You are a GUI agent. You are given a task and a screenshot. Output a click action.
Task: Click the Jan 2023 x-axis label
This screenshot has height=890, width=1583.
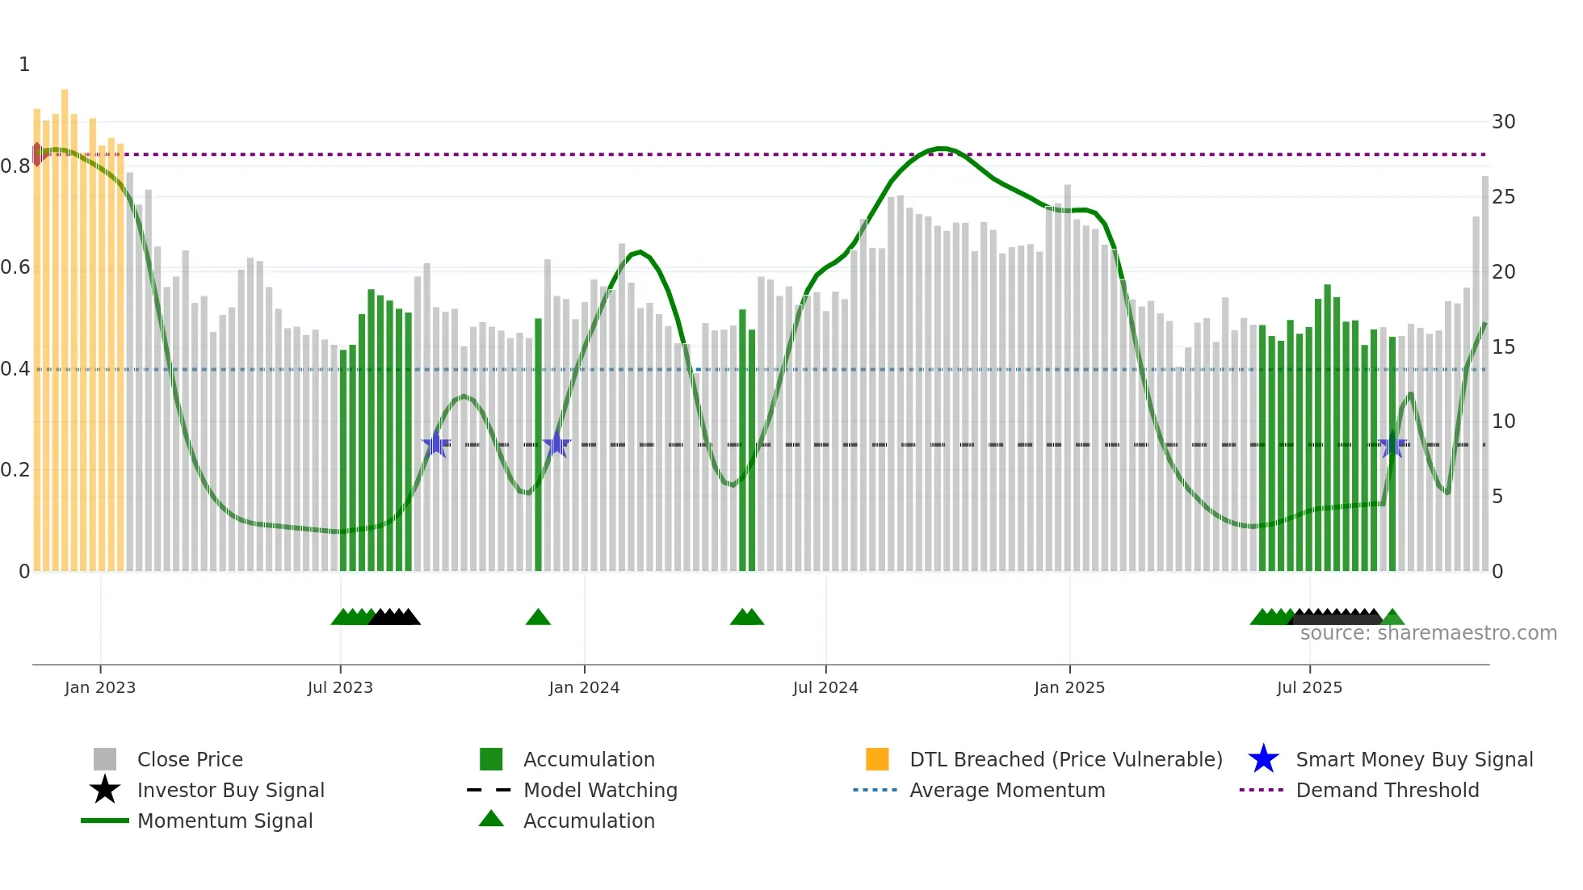[100, 687]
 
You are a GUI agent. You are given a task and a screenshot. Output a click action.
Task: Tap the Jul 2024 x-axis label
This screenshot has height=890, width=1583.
[825, 687]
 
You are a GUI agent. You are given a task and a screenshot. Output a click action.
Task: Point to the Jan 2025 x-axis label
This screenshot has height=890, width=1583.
[1069, 687]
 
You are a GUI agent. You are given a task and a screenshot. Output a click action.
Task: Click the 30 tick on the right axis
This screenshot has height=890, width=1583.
[1503, 122]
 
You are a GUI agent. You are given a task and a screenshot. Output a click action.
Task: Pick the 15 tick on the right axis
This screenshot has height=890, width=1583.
[1503, 346]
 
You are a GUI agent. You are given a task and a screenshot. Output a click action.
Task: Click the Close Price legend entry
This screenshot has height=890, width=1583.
[190, 759]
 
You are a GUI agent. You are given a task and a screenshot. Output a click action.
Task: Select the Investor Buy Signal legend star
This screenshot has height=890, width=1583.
[105, 790]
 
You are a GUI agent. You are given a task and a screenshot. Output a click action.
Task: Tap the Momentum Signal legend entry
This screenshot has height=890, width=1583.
[225, 821]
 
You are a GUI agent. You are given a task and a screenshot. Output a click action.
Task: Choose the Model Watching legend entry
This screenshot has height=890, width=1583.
[600, 790]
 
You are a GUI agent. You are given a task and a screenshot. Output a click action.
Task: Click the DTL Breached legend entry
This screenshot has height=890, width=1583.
[1065, 759]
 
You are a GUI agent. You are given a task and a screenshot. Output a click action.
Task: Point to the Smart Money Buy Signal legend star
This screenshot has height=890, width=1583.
[1263, 759]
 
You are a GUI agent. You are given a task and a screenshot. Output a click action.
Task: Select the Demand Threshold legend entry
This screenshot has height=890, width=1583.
[1387, 790]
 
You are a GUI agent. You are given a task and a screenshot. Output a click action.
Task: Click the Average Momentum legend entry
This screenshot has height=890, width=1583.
[1006, 790]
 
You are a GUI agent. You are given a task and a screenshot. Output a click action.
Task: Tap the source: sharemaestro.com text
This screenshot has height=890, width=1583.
[1428, 633]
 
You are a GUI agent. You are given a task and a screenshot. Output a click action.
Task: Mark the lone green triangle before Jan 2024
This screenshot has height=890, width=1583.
[538, 618]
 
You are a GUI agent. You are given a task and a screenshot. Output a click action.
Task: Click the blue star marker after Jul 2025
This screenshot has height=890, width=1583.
[1392, 445]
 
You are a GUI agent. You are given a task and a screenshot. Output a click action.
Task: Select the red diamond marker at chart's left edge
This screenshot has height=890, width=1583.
[37, 154]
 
